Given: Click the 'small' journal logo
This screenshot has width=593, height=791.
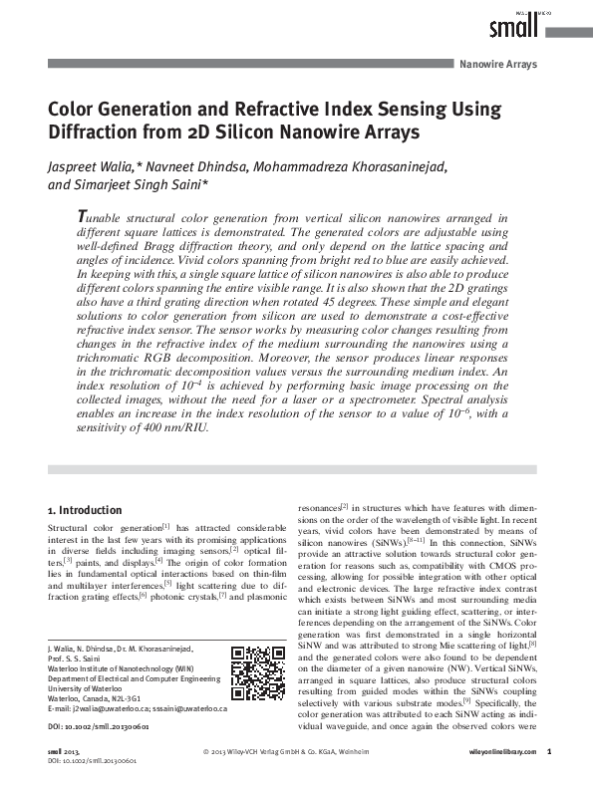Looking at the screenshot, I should (515, 27).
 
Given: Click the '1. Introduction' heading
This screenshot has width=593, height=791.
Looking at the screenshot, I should (85, 510).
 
